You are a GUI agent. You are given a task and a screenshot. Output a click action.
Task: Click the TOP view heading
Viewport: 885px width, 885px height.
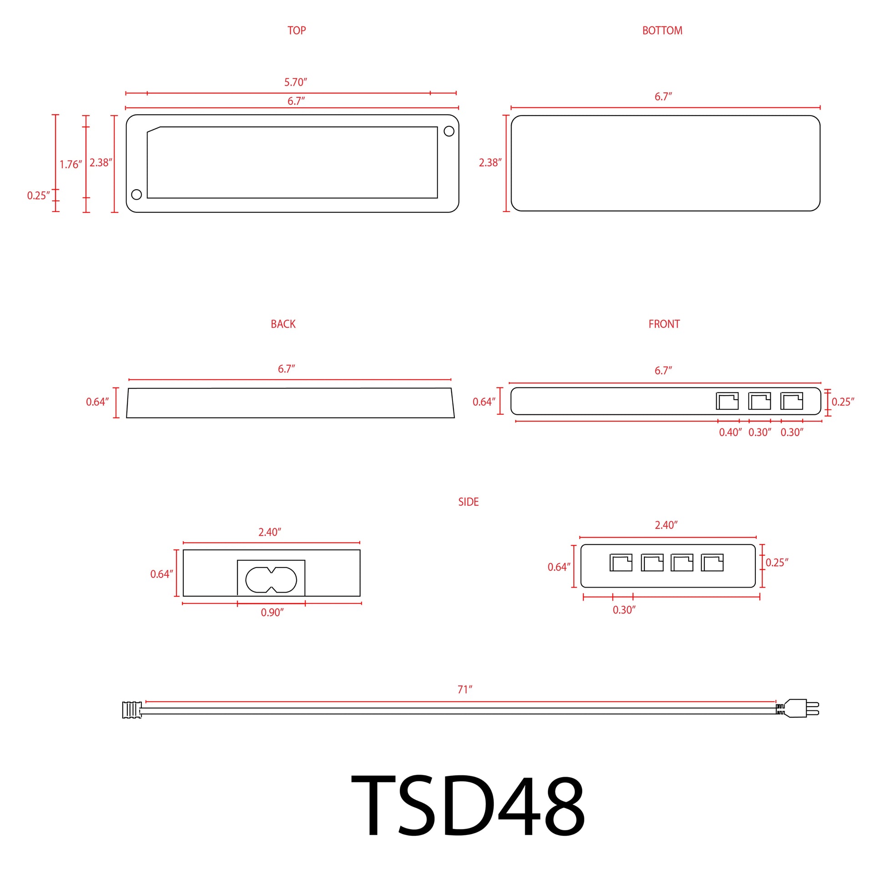point(297,30)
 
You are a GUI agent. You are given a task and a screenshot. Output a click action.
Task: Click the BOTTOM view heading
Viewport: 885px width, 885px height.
point(662,30)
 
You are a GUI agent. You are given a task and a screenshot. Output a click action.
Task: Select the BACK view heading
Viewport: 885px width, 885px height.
point(283,324)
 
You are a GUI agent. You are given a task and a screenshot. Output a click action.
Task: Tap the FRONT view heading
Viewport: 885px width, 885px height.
point(664,324)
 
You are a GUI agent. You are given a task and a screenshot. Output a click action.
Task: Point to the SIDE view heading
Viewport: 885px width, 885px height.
point(468,502)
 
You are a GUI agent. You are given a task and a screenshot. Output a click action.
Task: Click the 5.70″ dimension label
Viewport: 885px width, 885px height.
point(296,82)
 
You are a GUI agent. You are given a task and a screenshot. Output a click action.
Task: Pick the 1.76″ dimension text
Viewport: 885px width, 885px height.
point(70,165)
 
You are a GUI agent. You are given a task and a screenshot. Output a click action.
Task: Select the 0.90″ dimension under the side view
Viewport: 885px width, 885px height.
point(272,613)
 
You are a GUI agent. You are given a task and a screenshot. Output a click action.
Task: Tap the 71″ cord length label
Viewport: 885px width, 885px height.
point(464,689)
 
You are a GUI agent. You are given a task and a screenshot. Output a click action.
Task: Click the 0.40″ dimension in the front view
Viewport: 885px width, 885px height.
point(730,432)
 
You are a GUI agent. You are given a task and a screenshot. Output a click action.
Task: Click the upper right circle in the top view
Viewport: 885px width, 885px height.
point(449,131)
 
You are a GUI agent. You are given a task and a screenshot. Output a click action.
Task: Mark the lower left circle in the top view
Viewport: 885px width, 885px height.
point(136,194)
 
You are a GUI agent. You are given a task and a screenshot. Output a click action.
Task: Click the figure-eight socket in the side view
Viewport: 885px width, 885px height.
point(271,579)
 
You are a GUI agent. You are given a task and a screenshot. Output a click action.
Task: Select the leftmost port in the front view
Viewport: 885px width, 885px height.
point(727,401)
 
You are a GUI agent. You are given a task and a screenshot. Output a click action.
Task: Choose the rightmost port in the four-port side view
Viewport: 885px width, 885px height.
point(712,563)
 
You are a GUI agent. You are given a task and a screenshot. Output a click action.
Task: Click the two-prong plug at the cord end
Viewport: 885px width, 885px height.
point(800,708)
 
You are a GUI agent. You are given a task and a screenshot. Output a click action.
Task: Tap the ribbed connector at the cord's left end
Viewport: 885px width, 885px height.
point(131,709)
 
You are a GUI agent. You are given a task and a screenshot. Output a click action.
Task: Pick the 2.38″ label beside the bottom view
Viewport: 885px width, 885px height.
point(490,163)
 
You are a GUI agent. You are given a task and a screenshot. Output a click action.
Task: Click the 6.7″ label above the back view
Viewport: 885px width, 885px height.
point(287,369)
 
